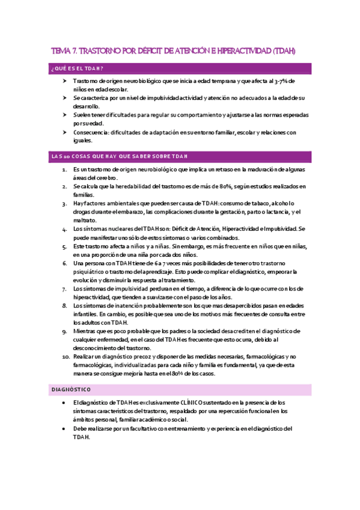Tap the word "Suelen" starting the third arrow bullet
(x=82, y=115)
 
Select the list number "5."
(x=66, y=247)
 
